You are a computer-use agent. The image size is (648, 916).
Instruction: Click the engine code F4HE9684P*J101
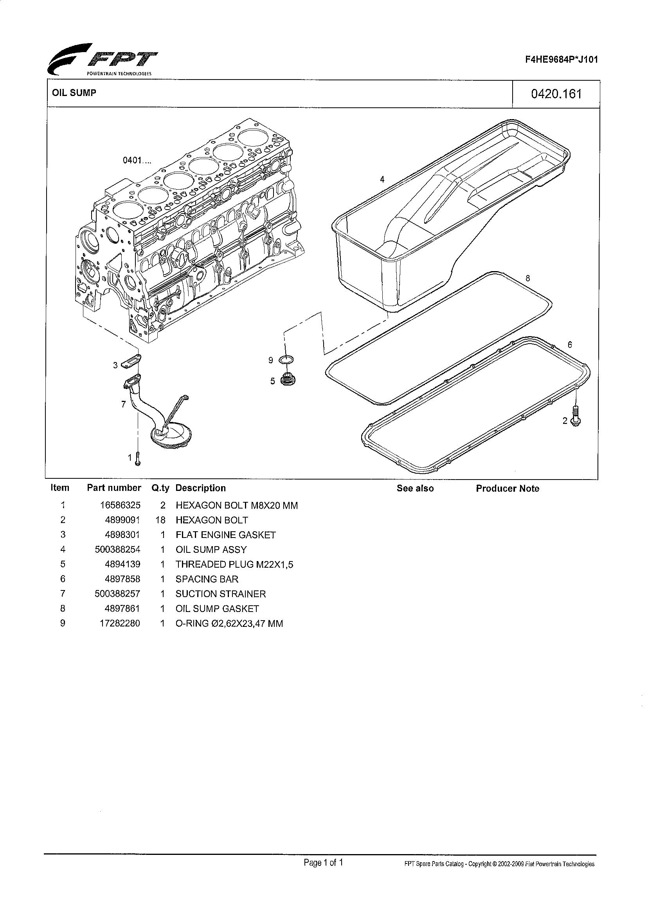tap(561, 60)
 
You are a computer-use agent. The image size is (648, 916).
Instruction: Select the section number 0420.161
tap(556, 94)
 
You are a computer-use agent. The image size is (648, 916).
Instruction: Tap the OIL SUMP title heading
tap(74, 93)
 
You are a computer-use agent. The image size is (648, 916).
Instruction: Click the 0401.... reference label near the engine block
tap(137, 161)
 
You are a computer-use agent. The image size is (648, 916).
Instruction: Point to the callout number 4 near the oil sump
tap(382, 179)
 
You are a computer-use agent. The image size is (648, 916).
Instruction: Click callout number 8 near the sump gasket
tap(527, 279)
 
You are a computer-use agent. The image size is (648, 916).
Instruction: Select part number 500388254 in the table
tap(118, 550)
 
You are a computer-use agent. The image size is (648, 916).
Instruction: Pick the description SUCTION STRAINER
tap(221, 594)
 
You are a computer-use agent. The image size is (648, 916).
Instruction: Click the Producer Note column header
tap(507, 489)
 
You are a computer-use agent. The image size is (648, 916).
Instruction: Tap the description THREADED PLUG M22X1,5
tap(234, 565)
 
